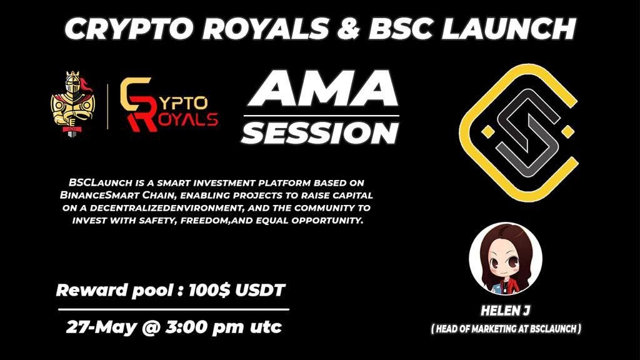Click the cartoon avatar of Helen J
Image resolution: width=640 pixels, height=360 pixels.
pos(505,258)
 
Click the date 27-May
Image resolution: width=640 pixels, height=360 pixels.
pos(97,326)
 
